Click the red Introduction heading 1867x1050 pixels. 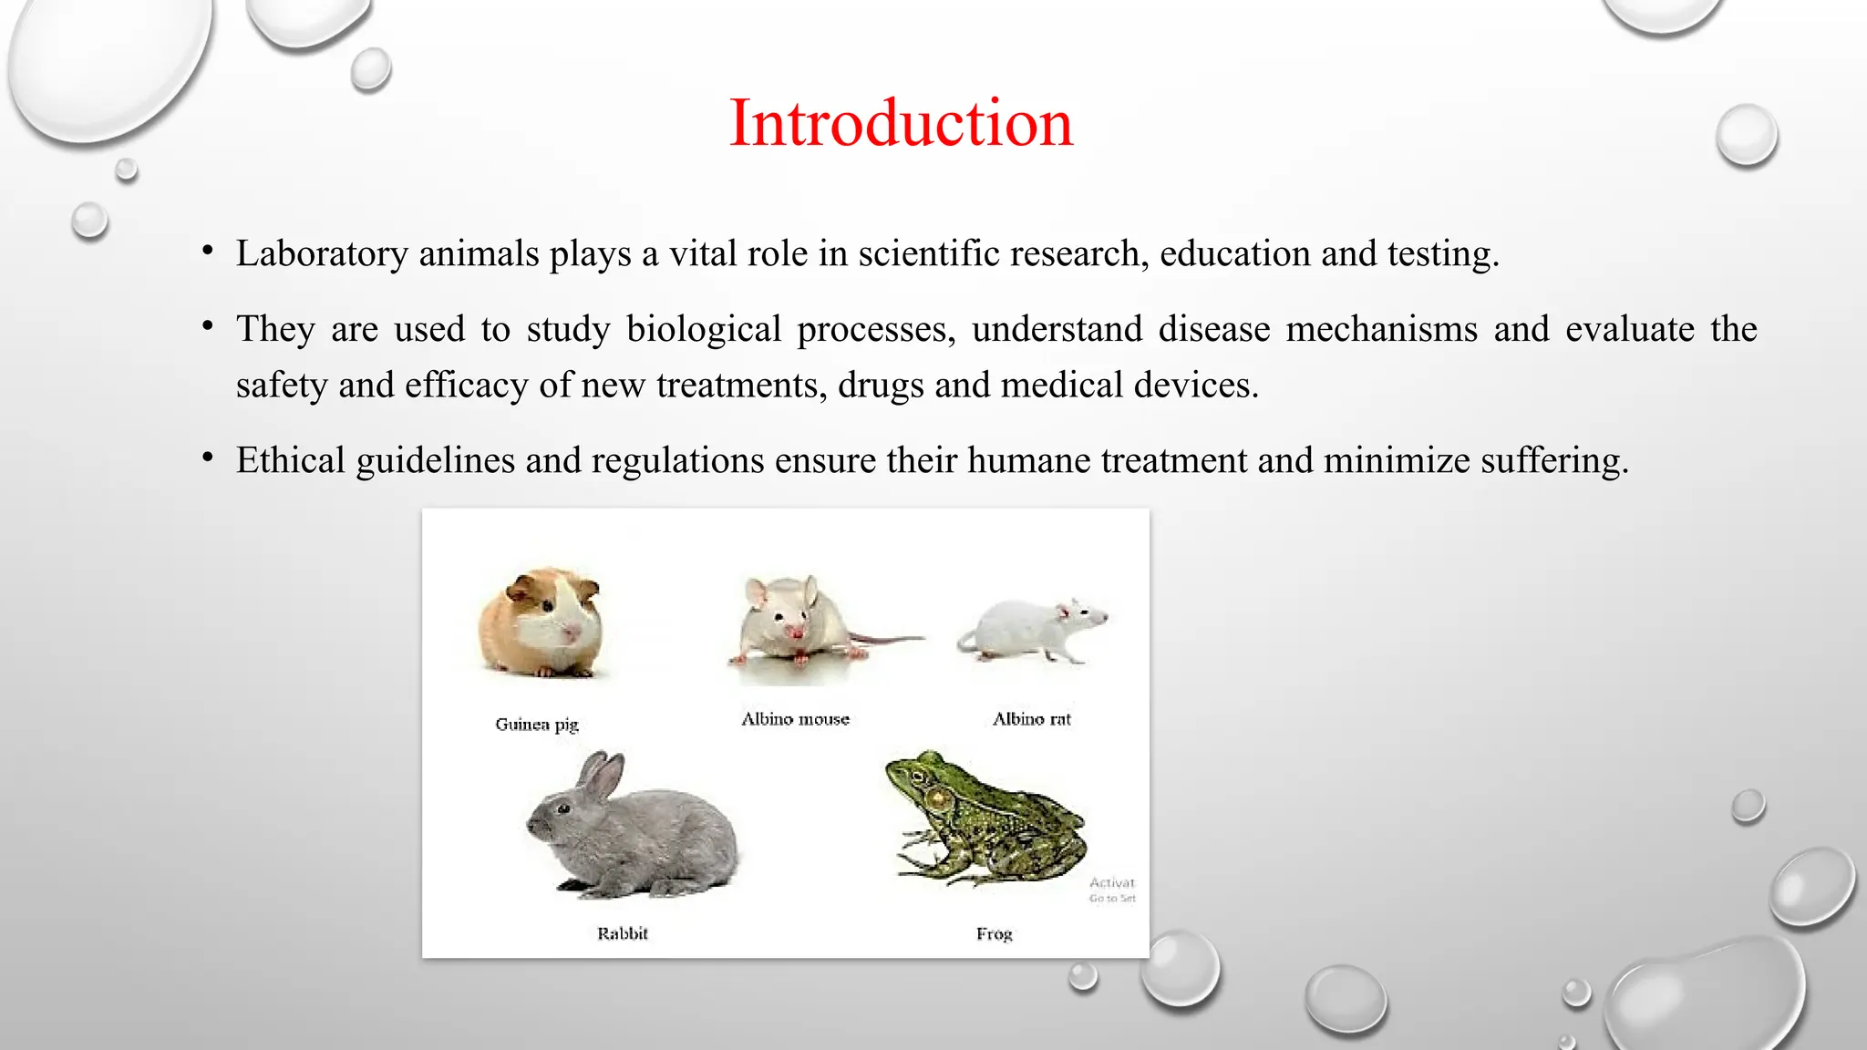(x=901, y=123)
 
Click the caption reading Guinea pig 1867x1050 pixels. (x=537, y=725)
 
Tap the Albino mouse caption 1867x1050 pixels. (x=795, y=719)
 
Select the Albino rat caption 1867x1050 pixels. (x=1031, y=719)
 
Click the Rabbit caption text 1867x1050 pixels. (x=622, y=933)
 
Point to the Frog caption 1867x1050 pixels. (x=994, y=934)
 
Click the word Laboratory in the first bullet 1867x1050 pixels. (x=322, y=254)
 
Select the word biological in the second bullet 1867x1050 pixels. (x=704, y=329)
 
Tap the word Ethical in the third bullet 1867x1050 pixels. (x=290, y=460)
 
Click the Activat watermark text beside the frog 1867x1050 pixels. (x=1112, y=882)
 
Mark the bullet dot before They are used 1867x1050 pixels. (x=209, y=325)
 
